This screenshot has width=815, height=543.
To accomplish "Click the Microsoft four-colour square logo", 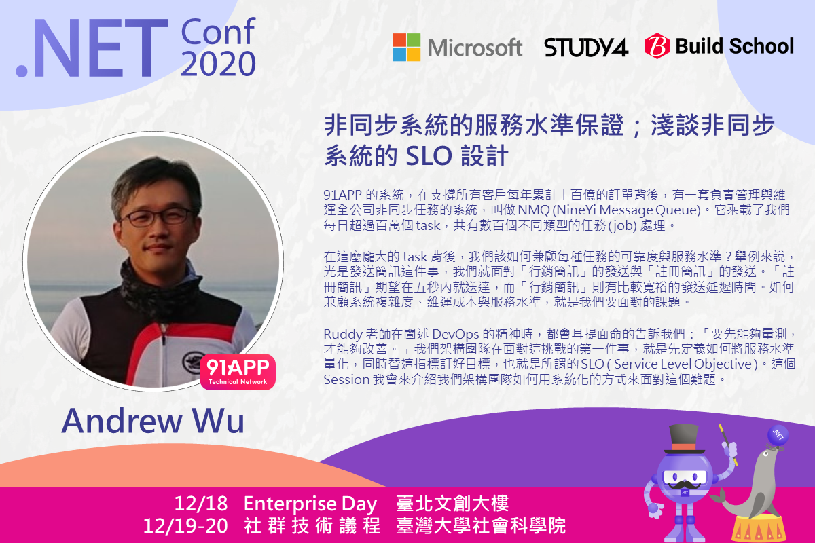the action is (x=406, y=48).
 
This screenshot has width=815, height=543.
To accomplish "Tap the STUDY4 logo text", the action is (x=585, y=48).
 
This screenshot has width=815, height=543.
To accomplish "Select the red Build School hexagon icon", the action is (x=657, y=46).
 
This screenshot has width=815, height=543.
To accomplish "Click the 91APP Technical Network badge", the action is (x=238, y=372).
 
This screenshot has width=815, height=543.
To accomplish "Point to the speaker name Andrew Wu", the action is (x=153, y=421).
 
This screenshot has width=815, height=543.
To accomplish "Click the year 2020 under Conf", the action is (x=218, y=64).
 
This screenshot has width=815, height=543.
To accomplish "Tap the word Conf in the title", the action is (x=217, y=32).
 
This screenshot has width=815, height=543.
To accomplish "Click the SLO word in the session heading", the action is (x=429, y=155).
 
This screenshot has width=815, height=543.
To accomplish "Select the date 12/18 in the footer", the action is (x=201, y=504).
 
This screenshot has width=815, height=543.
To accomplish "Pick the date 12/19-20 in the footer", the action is (x=185, y=526).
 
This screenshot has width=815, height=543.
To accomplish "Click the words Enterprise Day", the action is (x=310, y=504).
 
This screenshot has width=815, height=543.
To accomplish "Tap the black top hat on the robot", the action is (x=684, y=439).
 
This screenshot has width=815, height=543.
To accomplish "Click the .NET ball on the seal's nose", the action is (x=778, y=435).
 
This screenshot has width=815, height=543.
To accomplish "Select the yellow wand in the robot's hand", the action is (x=728, y=445).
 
